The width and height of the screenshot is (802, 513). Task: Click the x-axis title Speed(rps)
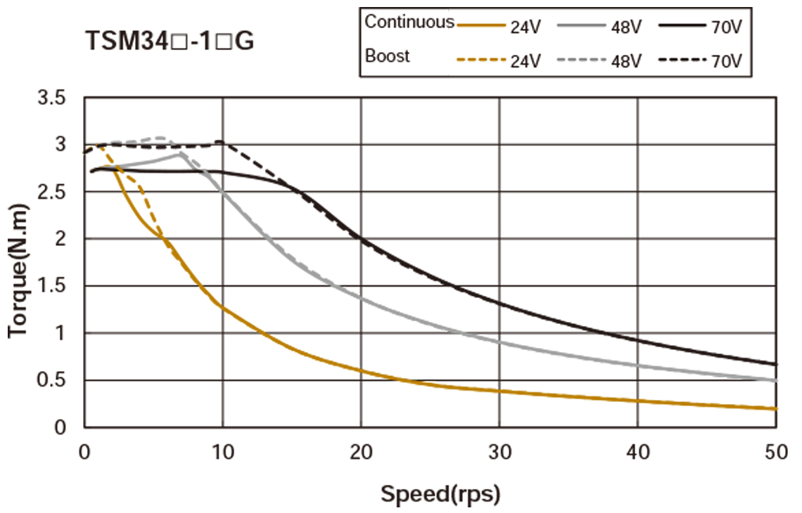click(440, 494)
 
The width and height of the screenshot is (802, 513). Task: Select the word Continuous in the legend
click(409, 22)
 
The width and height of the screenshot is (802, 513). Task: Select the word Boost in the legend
click(387, 56)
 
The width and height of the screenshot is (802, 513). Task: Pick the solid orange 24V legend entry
click(499, 27)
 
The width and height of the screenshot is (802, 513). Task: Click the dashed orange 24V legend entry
click(499, 60)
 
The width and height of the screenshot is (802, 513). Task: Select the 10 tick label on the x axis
click(222, 453)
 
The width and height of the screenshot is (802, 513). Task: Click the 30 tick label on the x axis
click(499, 453)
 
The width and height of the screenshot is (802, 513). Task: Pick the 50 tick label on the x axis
click(775, 453)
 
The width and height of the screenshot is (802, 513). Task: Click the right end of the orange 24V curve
click(776, 408)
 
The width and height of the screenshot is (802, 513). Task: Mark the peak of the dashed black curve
click(220, 141)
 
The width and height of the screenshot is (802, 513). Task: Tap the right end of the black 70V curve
click(776, 364)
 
